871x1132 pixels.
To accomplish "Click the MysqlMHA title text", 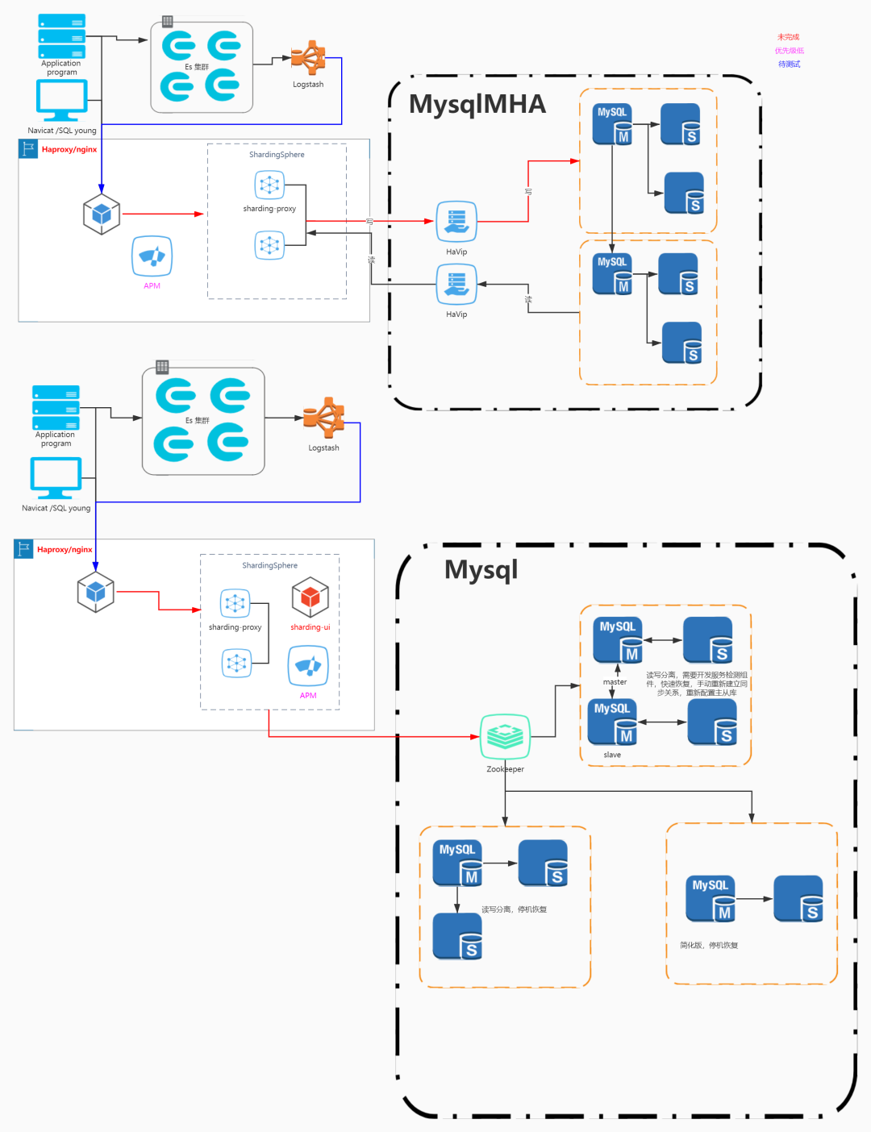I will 477,104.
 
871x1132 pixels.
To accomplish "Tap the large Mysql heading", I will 481,569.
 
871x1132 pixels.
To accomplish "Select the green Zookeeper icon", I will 505,736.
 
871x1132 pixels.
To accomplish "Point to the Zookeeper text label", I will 505,769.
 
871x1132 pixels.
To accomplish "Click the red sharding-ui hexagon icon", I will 310,598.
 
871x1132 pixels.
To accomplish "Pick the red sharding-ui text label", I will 310,627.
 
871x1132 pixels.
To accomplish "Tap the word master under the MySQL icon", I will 615,682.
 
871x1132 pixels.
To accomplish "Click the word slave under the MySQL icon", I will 612,755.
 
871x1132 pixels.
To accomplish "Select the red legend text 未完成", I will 788,37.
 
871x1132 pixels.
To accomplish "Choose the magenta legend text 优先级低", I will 790,51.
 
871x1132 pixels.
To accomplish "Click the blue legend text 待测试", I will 789,64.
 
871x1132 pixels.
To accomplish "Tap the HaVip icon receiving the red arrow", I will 456,222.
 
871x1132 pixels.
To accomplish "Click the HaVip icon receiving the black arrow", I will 456,285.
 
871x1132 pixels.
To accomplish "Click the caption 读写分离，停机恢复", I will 515,909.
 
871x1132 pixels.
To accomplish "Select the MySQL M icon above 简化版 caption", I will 711,898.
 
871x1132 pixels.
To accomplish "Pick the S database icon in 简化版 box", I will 798,898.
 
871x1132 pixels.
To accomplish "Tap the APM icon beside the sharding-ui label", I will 308,667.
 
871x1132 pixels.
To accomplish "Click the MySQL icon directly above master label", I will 618,640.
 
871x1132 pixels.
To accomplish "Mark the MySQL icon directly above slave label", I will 612,722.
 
